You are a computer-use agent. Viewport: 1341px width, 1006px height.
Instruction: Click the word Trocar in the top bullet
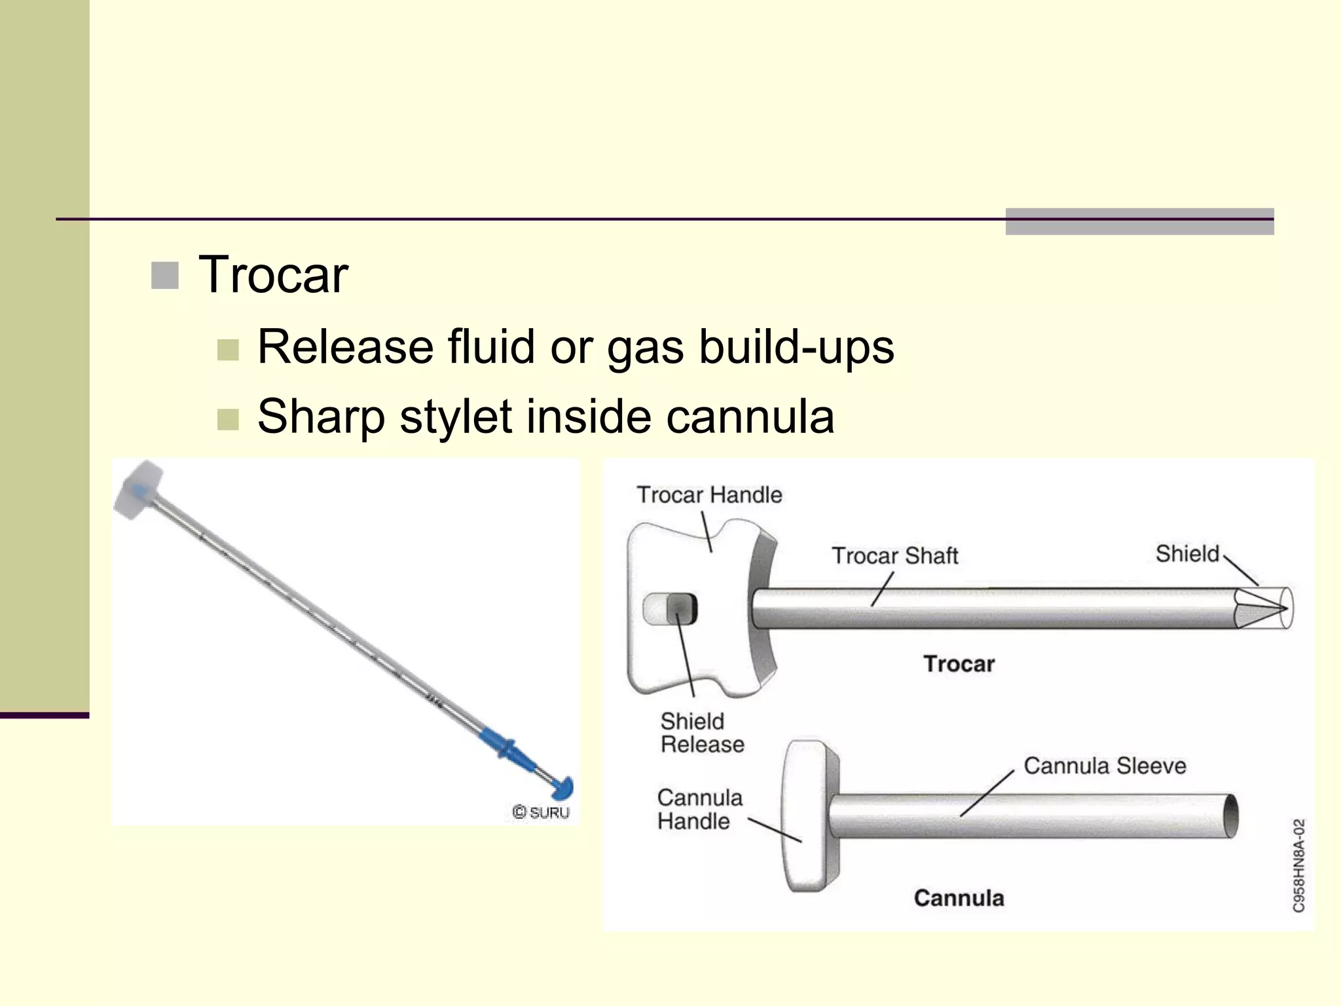click(x=273, y=274)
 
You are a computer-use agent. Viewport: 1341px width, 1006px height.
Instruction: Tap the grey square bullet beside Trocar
click(x=164, y=276)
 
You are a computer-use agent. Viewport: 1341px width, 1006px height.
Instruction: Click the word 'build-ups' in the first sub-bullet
click(x=796, y=346)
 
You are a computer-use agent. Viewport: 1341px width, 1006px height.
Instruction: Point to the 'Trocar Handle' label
click(x=710, y=494)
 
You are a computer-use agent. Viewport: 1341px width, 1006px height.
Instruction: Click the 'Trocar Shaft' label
click(x=895, y=555)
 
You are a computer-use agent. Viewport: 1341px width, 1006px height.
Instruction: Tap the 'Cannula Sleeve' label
click(x=1105, y=765)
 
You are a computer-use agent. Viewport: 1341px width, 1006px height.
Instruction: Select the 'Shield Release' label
click(x=702, y=733)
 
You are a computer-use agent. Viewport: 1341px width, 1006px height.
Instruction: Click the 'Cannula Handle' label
click(x=699, y=810)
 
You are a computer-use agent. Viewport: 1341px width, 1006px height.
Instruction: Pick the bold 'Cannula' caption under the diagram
click(x=959, y=898)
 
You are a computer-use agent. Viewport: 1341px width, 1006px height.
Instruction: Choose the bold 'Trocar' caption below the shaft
click(x=959, y=663)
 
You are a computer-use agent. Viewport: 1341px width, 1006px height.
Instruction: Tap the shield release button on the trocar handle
click(x=682, y=608)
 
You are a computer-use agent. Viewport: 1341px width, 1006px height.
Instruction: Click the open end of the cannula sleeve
click(x=1231, y=815)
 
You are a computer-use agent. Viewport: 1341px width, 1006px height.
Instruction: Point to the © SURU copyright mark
click(x=541, y=812)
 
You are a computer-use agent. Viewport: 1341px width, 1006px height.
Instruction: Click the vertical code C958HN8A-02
click(x=1299, y=865)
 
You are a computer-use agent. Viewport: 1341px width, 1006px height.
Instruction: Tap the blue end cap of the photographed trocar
click(x=563, y=787)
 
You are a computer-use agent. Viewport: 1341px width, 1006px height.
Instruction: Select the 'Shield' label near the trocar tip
click(x=1187, y=553)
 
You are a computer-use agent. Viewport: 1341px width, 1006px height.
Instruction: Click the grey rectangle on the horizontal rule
click(x=1139, y=221)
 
